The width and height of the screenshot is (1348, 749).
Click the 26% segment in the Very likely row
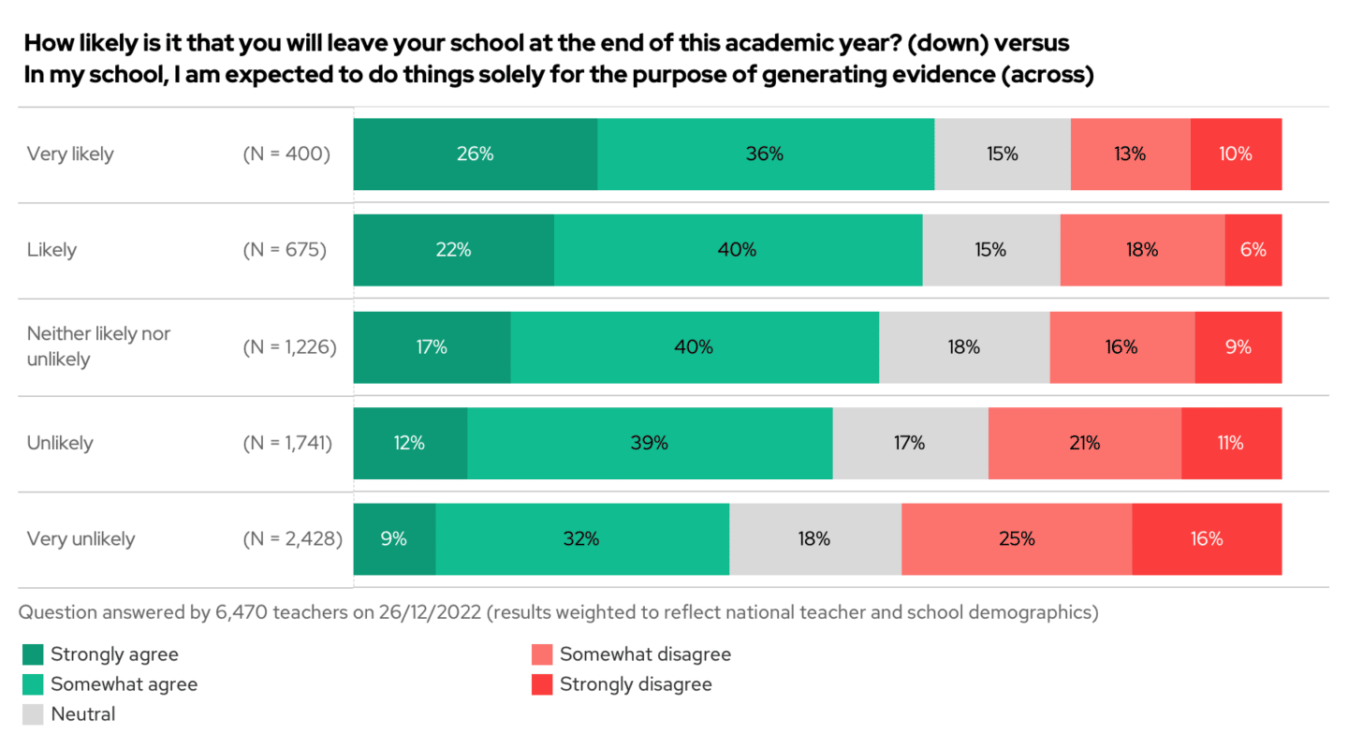tap(475, 154)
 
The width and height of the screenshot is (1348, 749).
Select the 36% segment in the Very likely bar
tap(765, 154)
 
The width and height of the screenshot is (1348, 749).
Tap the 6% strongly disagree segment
tap(1253, 250)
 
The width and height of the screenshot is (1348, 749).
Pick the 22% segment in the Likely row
tap(453, 250)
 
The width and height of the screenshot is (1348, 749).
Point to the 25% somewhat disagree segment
tap(1016, 539)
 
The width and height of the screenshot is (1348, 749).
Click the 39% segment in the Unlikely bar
tap(649, 443)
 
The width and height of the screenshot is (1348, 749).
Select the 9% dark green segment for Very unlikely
tap(394, 539)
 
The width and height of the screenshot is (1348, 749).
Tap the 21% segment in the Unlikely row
tap(1084, 443)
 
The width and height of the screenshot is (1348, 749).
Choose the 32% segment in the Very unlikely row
tap(581, 539)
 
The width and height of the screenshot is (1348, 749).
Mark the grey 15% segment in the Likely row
tap(990, 250)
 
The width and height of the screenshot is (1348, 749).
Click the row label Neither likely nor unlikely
tap(98, 346)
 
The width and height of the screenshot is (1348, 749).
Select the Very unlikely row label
tap(81, 539)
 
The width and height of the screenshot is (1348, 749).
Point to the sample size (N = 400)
tap(286, 154)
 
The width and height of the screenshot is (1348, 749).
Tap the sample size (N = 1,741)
tap(289, 443)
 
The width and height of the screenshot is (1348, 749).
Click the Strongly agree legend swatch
tap(33, 654)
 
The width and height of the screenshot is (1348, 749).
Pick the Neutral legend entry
tap(82, 714)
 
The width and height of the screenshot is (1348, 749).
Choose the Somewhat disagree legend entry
tap(645, 654)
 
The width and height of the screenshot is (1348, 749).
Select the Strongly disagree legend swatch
tap(542, 684)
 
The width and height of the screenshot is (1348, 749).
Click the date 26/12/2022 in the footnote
tap(427, 613)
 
